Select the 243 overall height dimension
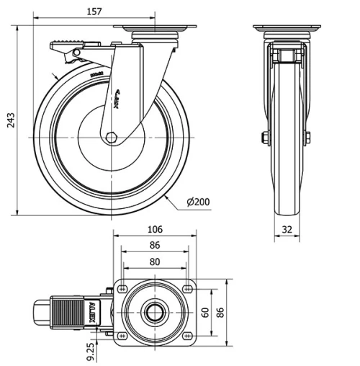tap(9, 120)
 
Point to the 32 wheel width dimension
tap(288, 231)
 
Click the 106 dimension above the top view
tap(155, 230)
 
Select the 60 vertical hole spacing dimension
tap(204, 312)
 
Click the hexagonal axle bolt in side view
tap(111, 137)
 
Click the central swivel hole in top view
tap(155, 312)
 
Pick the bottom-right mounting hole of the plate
tap(187, 335)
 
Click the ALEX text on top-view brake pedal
tap(93, 312)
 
